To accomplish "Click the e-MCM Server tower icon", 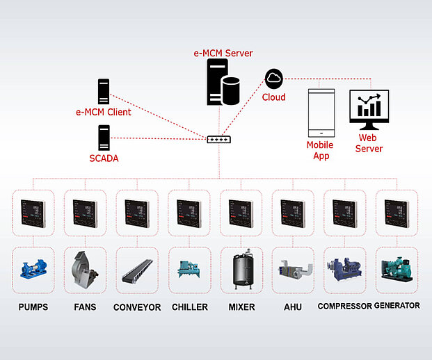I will (x=217, y=82).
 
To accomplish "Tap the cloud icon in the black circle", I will (x=273, y=79).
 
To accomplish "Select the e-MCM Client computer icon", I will (x=104, y=92).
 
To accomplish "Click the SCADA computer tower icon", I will (x=104, y=137).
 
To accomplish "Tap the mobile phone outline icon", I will (x=321, y=113).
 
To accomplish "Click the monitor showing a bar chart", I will (x=369, y=110).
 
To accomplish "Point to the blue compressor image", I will (x=344, y=269).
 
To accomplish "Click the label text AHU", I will (x=292, y=306).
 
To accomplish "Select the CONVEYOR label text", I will (x=137, y=306).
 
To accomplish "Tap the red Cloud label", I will (x=273, y=97).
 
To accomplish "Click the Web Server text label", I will (x=369, y=144).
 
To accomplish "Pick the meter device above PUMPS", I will (x=33, y=213).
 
